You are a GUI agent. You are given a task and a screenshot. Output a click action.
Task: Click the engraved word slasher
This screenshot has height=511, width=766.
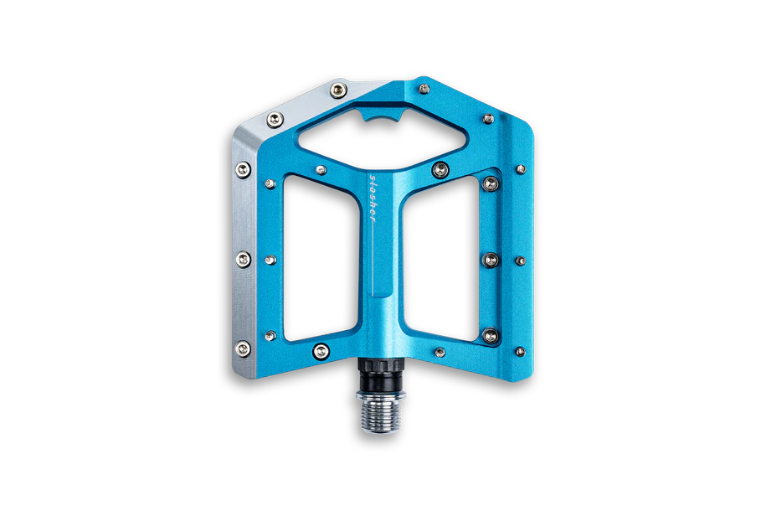(x=373, y=198)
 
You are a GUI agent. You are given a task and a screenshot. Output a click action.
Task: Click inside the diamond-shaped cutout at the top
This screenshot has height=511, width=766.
(x=383, y=131)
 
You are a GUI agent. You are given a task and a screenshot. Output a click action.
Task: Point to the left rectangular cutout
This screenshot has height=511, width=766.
(x=320, y=258)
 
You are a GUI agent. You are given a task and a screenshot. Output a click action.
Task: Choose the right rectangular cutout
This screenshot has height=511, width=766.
(x=440, y=259)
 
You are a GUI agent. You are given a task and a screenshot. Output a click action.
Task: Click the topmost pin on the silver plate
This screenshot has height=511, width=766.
(x=338, y=90)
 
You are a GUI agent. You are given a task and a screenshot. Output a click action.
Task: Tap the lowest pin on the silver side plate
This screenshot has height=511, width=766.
(x=243, y=348)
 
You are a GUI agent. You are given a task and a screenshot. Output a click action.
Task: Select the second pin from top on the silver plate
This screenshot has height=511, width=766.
(x=275, y=119)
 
